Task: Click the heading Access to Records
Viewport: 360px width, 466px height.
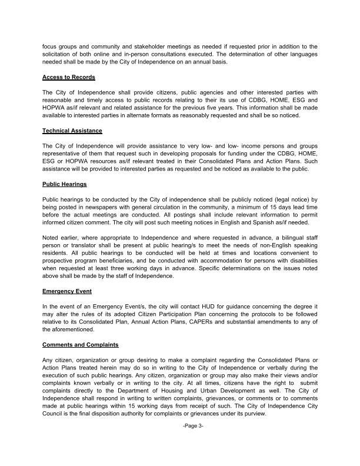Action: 69,77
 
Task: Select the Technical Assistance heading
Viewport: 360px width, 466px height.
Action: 72,130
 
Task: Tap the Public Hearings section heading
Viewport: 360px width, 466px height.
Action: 66,184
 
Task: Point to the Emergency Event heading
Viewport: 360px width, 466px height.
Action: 67,291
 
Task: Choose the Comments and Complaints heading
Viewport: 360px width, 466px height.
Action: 81,344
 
